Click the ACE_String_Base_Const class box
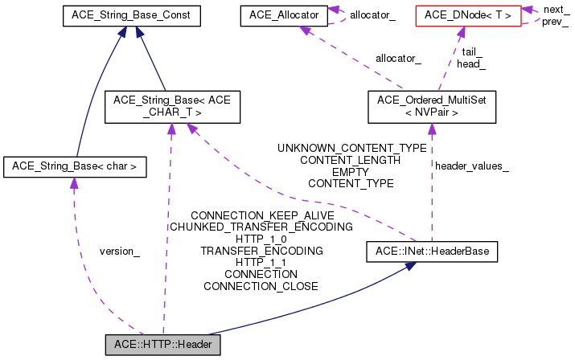coord(131,15)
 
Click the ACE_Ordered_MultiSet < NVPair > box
coord(432,107)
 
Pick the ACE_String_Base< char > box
coord(75,167)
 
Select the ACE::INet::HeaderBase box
coord(432,252)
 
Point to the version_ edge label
coord(119,252)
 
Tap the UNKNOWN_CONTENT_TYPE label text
coord(351,149)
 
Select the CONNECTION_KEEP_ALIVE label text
coord(261,215)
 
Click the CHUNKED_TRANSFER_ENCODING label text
coord(261,227)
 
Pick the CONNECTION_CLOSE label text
coord(261,286)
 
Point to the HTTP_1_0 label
coord(261,239)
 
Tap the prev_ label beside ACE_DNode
coord(555,21)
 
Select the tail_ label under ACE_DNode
coord(471,52)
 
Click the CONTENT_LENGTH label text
coord(351,160)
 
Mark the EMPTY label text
coord(351,172)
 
